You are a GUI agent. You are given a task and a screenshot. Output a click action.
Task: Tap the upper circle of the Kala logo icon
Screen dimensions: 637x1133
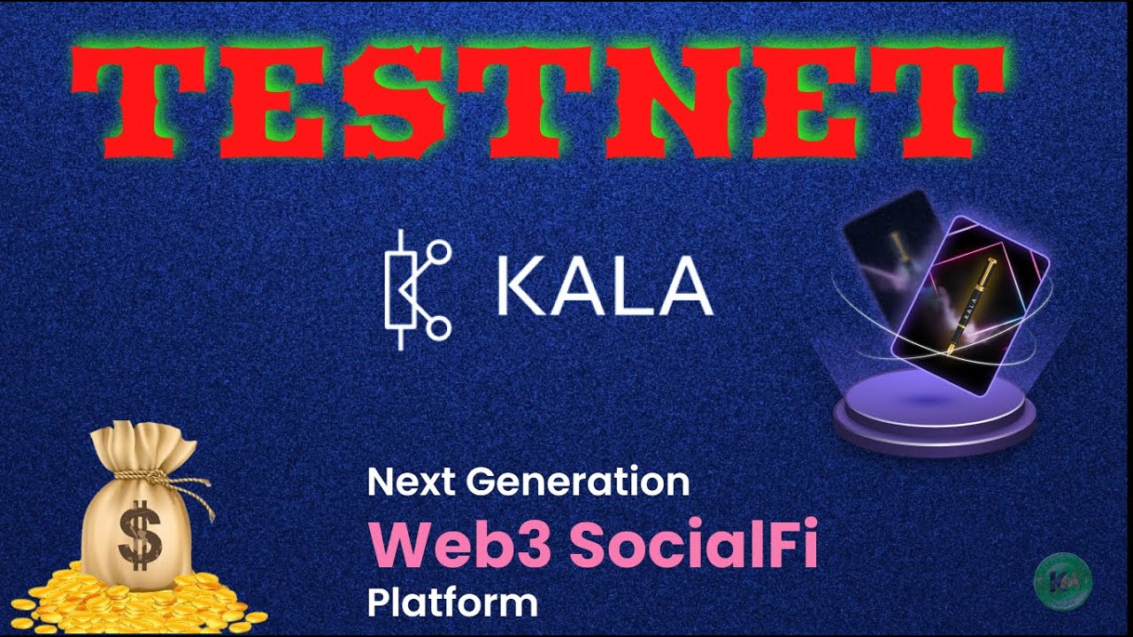coord(438,252)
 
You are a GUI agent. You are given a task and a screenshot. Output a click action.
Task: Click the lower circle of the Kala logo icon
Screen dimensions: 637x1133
coord(438,329)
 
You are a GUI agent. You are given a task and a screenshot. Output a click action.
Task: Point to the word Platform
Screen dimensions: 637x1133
coord(452,603)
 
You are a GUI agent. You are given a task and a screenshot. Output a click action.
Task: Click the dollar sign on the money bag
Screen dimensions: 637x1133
coord(139,533)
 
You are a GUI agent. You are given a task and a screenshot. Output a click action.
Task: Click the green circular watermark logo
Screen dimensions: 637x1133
coord(1062,580)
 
